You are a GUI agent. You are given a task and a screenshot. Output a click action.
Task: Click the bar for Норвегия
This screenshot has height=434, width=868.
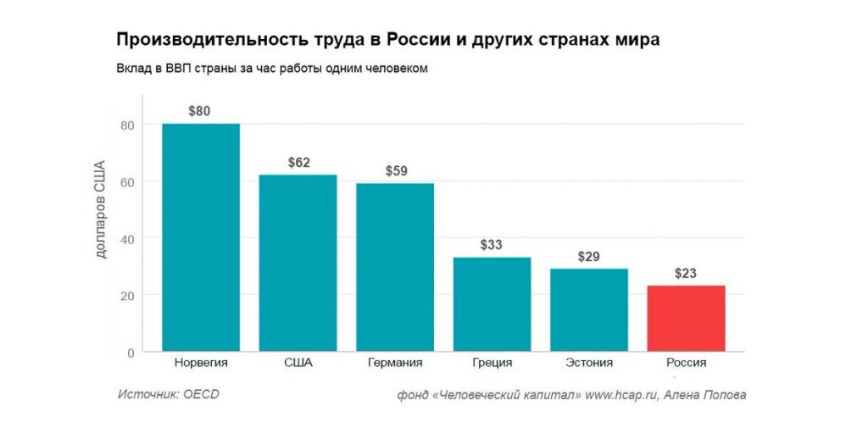(201, 237)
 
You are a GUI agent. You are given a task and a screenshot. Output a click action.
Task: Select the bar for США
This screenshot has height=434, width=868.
(298, 263)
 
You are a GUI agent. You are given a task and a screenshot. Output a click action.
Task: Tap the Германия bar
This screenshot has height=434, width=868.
(395, 267)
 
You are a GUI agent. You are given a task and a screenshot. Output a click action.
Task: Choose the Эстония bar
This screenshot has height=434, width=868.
(588, 309)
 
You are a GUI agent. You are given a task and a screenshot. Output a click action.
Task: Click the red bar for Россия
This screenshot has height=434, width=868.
(686, 318)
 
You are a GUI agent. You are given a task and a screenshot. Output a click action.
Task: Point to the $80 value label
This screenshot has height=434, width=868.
(200, 110)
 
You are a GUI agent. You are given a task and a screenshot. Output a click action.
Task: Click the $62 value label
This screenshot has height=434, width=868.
(298, 162)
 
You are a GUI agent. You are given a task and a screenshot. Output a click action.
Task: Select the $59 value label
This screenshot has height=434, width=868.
(396, 170)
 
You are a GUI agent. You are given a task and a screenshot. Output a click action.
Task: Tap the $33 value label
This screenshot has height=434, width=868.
(492, 244)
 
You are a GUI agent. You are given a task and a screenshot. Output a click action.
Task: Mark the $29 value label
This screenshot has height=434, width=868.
(589, 256)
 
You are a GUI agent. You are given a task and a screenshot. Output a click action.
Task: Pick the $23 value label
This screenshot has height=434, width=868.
(686, 273)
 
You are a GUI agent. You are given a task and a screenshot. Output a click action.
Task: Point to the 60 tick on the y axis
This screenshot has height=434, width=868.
(126, 181)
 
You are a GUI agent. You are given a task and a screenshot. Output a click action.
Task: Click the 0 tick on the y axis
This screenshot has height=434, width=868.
(131, 352)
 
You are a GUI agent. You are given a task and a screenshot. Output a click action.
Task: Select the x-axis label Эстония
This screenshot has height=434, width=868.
(588, 363)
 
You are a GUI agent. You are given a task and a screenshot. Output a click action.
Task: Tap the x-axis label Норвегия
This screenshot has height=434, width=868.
(201, 363)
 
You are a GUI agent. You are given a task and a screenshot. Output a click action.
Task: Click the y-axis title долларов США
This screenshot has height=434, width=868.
(100, 209)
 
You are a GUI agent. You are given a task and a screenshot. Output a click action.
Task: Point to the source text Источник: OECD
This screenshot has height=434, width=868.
(169, 394)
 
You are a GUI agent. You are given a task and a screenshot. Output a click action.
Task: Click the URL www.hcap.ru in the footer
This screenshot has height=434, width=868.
(621, 395)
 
